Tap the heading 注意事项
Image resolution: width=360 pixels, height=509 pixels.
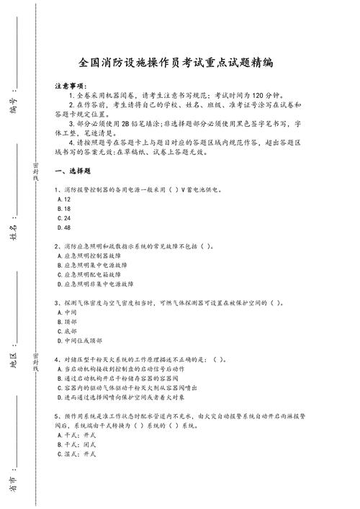(x=70, y=85)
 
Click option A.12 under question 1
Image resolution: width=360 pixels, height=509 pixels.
(x=62, y=199)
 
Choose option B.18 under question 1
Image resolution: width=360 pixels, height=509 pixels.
(x=62, y=208)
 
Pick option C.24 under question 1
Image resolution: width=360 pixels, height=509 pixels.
(x=62, y=217)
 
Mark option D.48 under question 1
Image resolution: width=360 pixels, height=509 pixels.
(x=62, y=228)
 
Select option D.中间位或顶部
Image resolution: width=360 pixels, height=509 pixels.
(x=79, y=341)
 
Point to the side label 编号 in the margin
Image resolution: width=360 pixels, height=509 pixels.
(x=13, y=92)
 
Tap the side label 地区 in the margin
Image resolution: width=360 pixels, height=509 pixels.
(x=13, y=359)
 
